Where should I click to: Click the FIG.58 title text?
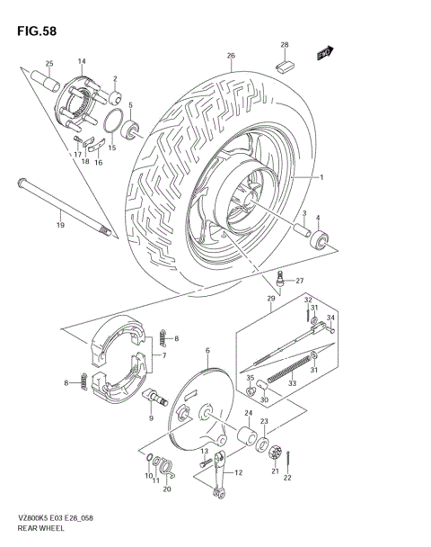pyautogui.click(x=36, y=30)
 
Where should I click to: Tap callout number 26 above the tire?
pyautogui.click(x=231, y=57)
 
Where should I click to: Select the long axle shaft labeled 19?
pyautogui.click(x=62, y=208)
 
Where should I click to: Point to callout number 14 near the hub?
pyautogui.click(x=81, y=61)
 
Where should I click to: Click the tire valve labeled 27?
pyautogui.click(x=281, y=282)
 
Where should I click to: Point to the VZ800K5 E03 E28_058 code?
pyautogui.click(x=48, y=519)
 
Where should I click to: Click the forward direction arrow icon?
pyautogui.click(x=325, y=54)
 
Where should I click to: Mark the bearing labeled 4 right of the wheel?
pyautogui.click(x=319, y=239)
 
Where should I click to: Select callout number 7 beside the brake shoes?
pyautogui.click(x=163, y=355)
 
